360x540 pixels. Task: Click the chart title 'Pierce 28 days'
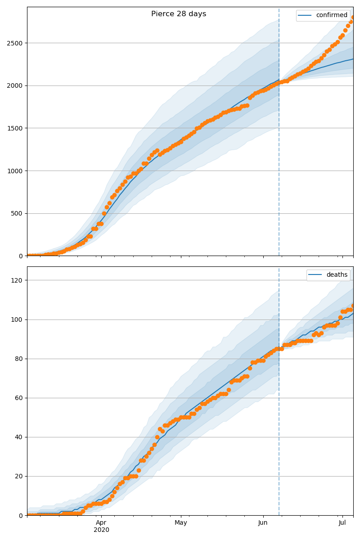coord(179,14)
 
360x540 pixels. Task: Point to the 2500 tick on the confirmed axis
coord(16,43)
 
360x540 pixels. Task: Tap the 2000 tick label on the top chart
coord(16,85)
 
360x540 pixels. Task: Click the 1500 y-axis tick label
coord(16,128)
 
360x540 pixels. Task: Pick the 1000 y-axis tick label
coord(16,171)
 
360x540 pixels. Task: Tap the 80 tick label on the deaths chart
coord(19,359)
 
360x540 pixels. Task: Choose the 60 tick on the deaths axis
coord(19,398)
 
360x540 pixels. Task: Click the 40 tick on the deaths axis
coord(19,437)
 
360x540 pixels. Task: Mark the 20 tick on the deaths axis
coord(19,476)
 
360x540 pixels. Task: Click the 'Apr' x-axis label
coord(101,523)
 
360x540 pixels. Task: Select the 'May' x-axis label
coord(181,523)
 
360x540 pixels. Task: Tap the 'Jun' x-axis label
coord(263,523)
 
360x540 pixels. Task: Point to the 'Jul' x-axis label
coord(342,523)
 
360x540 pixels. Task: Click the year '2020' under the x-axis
coord(101,530)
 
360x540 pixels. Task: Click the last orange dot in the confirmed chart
coord(353,18)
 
